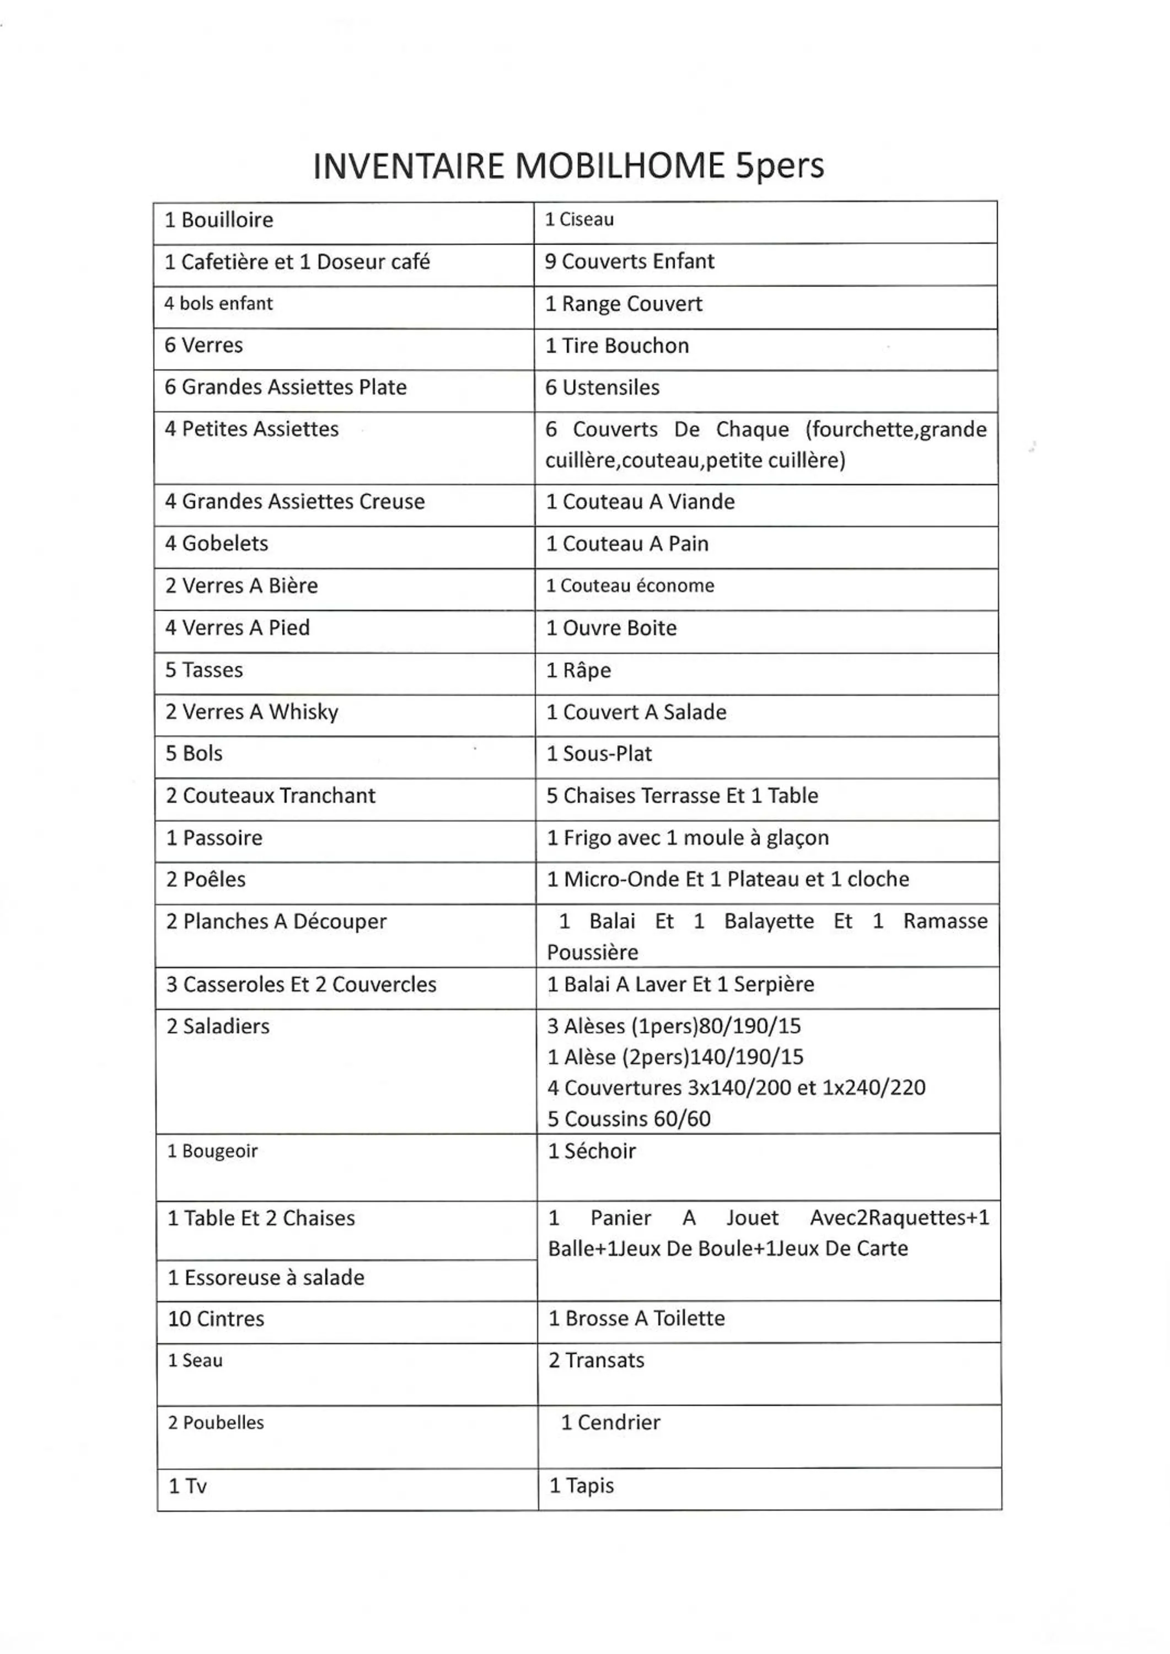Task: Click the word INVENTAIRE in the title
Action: pyautogui.click(x=409, y=167)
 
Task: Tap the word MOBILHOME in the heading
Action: pyautogui.click(x=620, y=167)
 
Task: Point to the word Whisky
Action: pyautogui.click(x=303, y=712)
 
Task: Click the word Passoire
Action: pyautogui.click(x=223, y=838)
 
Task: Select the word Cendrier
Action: pyautogui.click(x=619, y=1422)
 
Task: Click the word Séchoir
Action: pyautogui.click(x=600, y=1151)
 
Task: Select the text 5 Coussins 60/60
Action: pyautogui.click(x=629, y=1119)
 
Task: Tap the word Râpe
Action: pyautogui.click(x=587, y=670)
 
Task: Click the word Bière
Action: pyautogui.click(x=293, y=586)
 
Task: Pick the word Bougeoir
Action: pyautogui.click(x=220, y=1151)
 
